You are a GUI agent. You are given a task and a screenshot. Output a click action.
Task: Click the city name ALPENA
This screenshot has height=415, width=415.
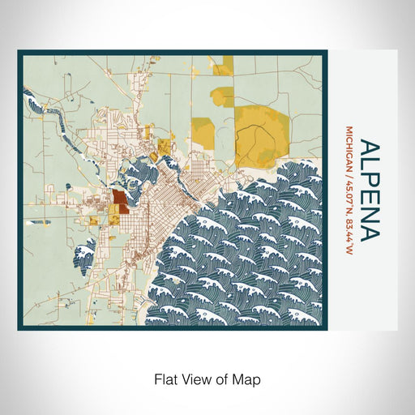(370, 190)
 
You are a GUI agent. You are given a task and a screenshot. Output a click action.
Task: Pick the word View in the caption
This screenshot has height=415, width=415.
(198, 378)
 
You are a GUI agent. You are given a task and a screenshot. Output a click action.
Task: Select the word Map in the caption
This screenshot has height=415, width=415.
(250, 378)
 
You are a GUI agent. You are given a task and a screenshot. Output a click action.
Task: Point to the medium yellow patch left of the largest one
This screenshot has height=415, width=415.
(203, 130)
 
